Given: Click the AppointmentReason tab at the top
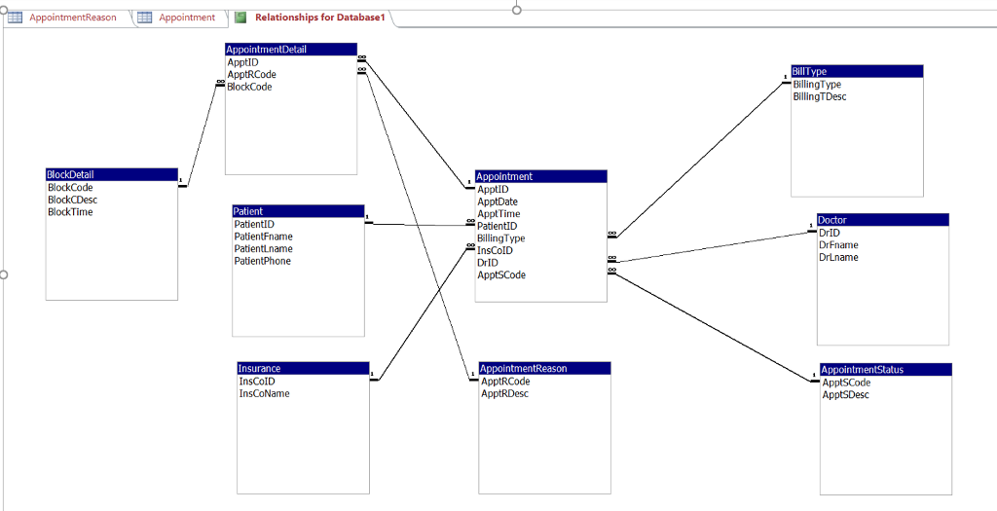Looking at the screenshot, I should coord(72,18).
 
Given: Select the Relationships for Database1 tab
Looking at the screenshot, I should coord(320,18).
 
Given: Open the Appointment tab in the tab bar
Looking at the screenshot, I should coord(186,18).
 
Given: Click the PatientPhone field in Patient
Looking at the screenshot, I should coord(262,261).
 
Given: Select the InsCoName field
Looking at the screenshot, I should coord(264,393).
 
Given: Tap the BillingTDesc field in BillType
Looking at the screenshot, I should coord(820,96).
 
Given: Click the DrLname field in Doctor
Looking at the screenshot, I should coord(838,257).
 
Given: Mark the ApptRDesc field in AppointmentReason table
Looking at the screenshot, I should coord(504,393).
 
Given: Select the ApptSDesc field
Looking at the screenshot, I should coord(845,395).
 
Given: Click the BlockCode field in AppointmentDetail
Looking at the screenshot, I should coord(249,87).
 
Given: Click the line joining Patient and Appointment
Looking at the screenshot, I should coord(419,225).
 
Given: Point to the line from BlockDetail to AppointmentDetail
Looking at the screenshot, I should coord(203,134).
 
